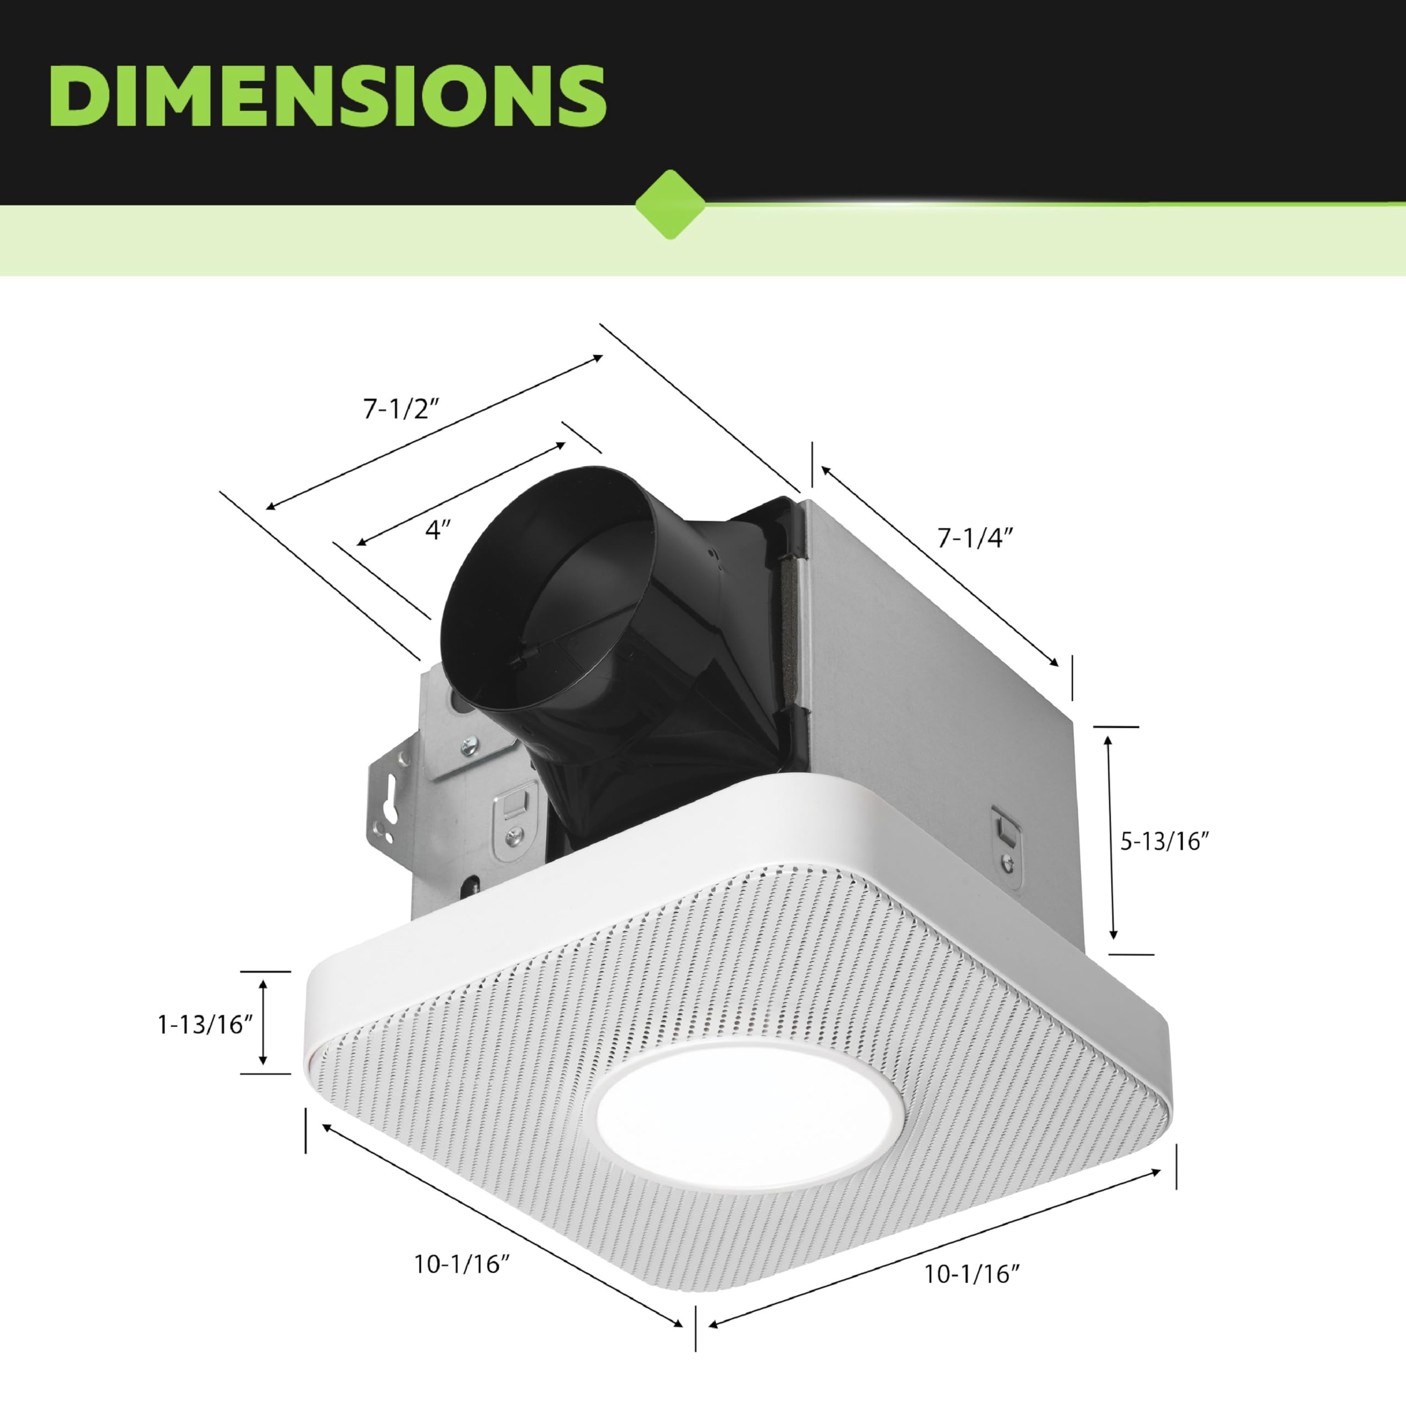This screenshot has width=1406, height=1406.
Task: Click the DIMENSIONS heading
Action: (x=327, y=96)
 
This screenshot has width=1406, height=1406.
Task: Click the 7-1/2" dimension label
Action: (x=401, y=410)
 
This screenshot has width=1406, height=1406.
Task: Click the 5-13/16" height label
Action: (x=1164, y=842)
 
